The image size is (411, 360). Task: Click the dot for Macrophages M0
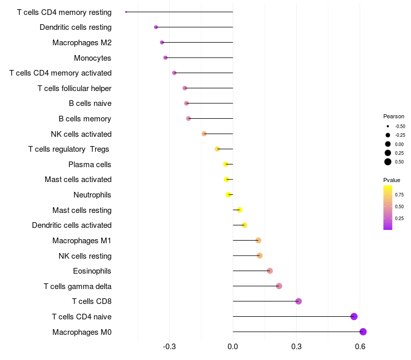363,332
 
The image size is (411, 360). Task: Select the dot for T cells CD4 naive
354,316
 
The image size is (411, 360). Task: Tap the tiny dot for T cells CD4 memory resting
126,12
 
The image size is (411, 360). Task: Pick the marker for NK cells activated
204,134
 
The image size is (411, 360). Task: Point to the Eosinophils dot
270,271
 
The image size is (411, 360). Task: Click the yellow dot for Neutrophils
229,195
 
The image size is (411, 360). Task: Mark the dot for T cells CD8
298,301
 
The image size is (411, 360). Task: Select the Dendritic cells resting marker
156,27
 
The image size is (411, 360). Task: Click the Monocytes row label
92,58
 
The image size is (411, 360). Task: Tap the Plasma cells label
89,165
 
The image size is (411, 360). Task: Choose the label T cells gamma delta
78,286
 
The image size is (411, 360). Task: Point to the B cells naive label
90,103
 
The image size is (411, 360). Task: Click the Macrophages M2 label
82,43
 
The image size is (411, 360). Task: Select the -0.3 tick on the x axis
170,347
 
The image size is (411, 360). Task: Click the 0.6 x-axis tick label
360,347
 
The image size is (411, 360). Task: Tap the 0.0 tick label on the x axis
233,347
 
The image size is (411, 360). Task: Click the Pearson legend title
394,116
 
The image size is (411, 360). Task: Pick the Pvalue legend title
391,180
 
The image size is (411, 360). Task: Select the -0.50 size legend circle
388,126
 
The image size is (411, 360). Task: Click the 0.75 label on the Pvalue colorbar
399,195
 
